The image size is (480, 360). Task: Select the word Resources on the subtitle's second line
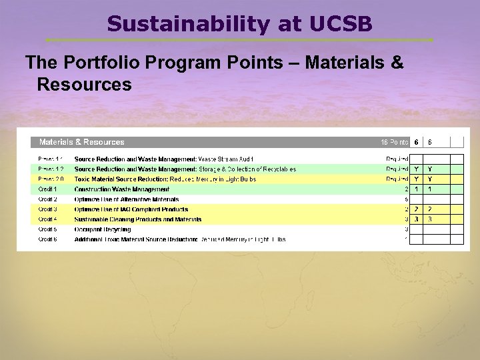click(84, 85)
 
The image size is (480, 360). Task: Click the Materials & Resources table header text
click(81, 142)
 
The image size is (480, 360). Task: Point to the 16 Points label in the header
click(394, 142)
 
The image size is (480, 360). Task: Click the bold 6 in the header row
click(416, 142)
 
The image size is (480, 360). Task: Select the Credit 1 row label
click(47, 189)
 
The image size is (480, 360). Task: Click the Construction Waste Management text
click(122, 189)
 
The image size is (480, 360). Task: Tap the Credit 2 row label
click(47, 199)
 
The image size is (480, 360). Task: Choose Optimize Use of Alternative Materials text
click(127, 199)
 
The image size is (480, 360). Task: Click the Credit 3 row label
click(47, 209)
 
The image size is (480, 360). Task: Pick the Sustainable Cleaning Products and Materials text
click(138, 219)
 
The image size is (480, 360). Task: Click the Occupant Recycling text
click(103, 229)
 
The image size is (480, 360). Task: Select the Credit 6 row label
click(47, 239)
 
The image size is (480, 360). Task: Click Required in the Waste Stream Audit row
click(397, 159)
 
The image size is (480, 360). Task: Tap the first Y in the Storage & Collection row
click(416, 169)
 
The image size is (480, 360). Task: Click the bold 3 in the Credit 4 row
click(416, 219)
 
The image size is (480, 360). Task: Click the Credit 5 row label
click(47, 229)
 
